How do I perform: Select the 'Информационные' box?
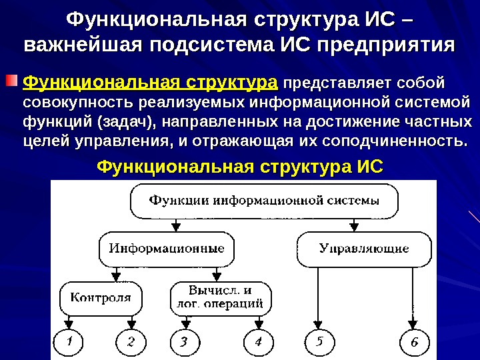(167, 249)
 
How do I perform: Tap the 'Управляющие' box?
(363, 249)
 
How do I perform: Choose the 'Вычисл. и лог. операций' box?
(221, 297)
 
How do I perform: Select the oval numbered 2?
(131, 343)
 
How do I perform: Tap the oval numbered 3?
(184, 343)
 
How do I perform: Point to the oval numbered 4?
(257, 343)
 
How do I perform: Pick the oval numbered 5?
(320, 343)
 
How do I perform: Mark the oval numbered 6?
(413, 343)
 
